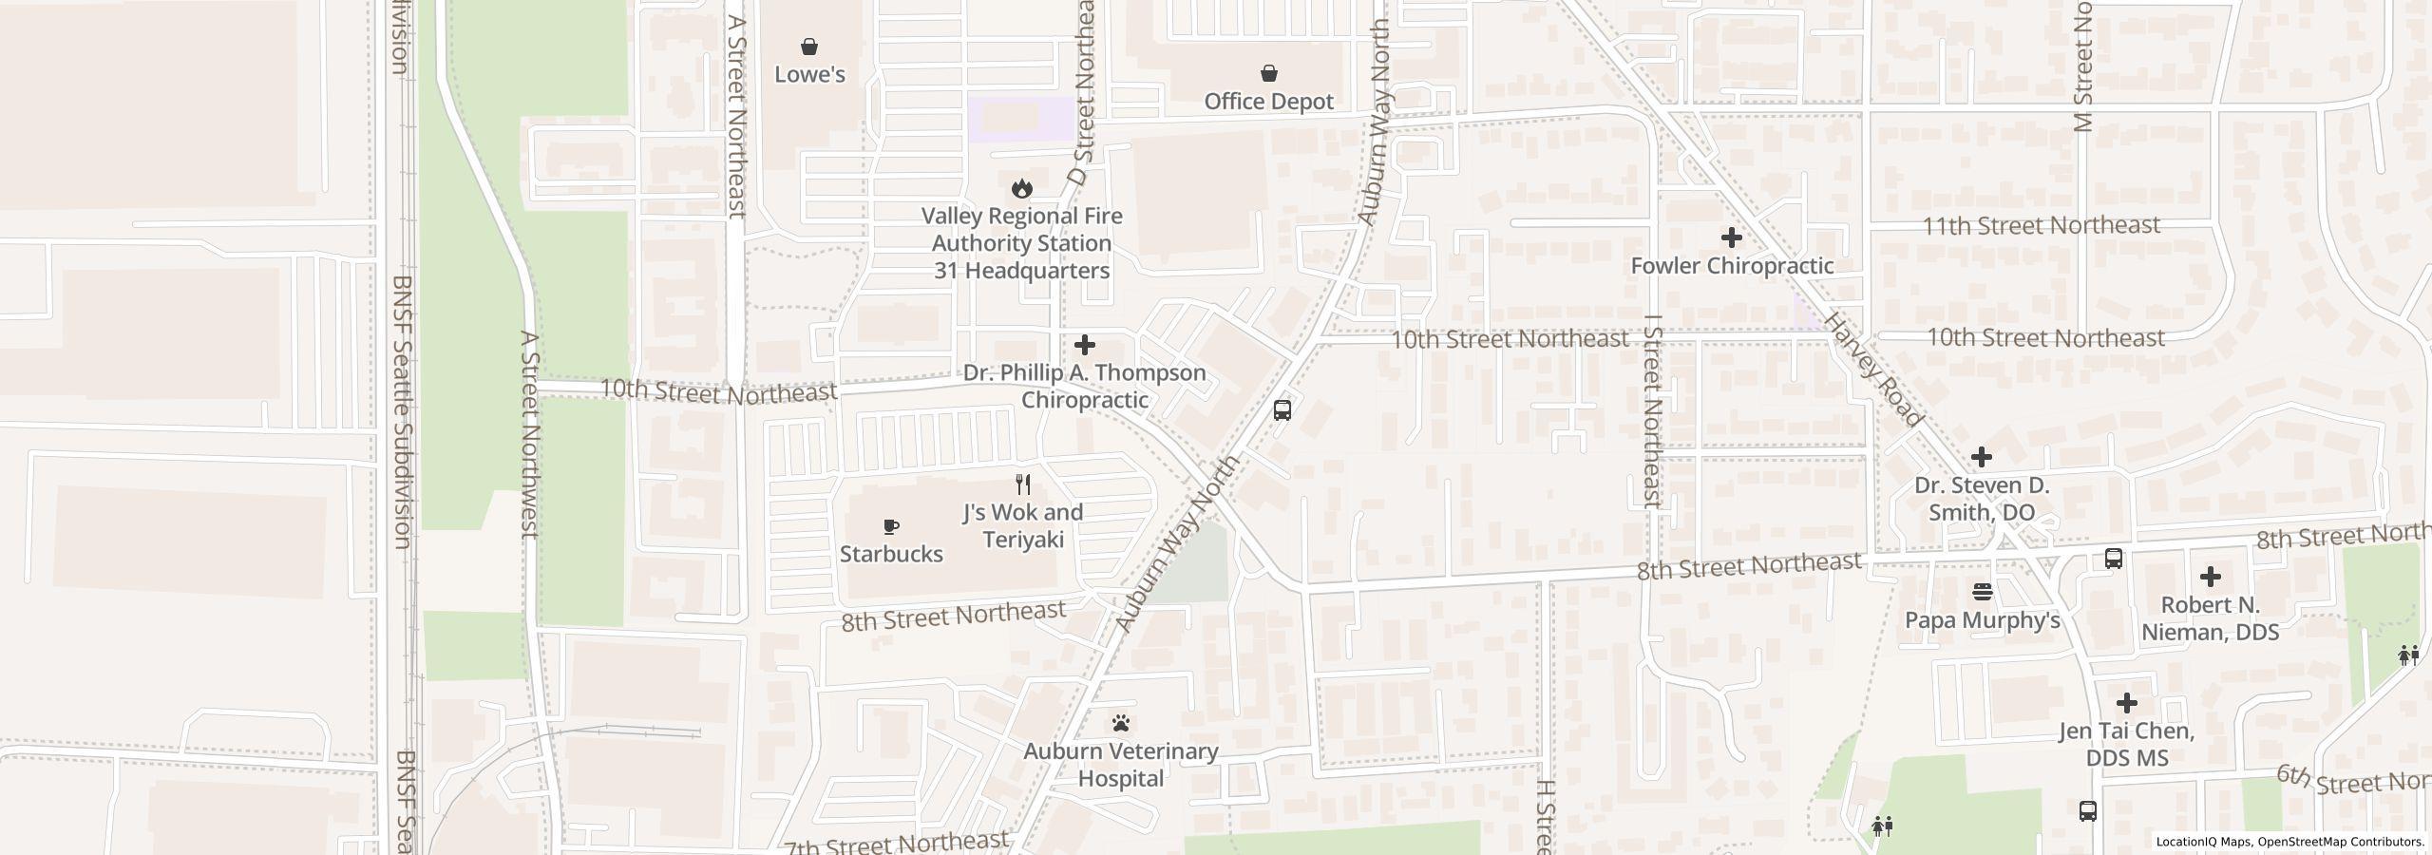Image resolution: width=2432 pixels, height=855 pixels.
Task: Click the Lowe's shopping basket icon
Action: coord(809,47)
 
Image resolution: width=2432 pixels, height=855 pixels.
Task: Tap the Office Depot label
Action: coord(1268,102)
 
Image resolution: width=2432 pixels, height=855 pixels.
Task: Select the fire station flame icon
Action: coord(1021,188)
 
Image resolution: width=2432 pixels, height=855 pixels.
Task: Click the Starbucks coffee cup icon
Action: coord(890,526)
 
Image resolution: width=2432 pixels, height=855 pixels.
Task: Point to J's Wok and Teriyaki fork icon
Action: coord(1022,484)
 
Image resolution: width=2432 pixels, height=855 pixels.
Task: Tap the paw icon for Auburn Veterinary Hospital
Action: coord(1121,724)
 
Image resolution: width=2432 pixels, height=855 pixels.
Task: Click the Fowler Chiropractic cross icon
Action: coord(1731,237)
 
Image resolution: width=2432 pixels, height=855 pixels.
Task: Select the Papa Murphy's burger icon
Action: coord(1982,592)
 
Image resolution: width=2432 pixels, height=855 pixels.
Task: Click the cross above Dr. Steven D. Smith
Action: coord(1981,458)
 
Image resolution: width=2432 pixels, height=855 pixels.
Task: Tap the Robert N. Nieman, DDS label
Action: coord(2210,618)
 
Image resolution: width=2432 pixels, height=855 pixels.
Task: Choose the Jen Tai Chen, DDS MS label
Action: coord(2126,745)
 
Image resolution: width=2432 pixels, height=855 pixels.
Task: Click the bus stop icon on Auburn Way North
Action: coord(1282,410)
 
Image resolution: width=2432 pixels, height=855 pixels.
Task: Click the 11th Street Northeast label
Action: coord(2041,226)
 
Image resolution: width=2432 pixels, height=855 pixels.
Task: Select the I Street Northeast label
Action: coord(1653,410)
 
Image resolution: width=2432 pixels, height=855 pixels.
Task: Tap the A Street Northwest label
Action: coord(530,433)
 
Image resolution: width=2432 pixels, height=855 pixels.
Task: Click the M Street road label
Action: coord(2083,66)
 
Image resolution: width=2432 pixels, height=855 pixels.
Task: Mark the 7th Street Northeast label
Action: coord(895,843)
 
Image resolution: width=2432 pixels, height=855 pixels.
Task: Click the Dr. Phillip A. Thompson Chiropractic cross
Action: coord(1084,345)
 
